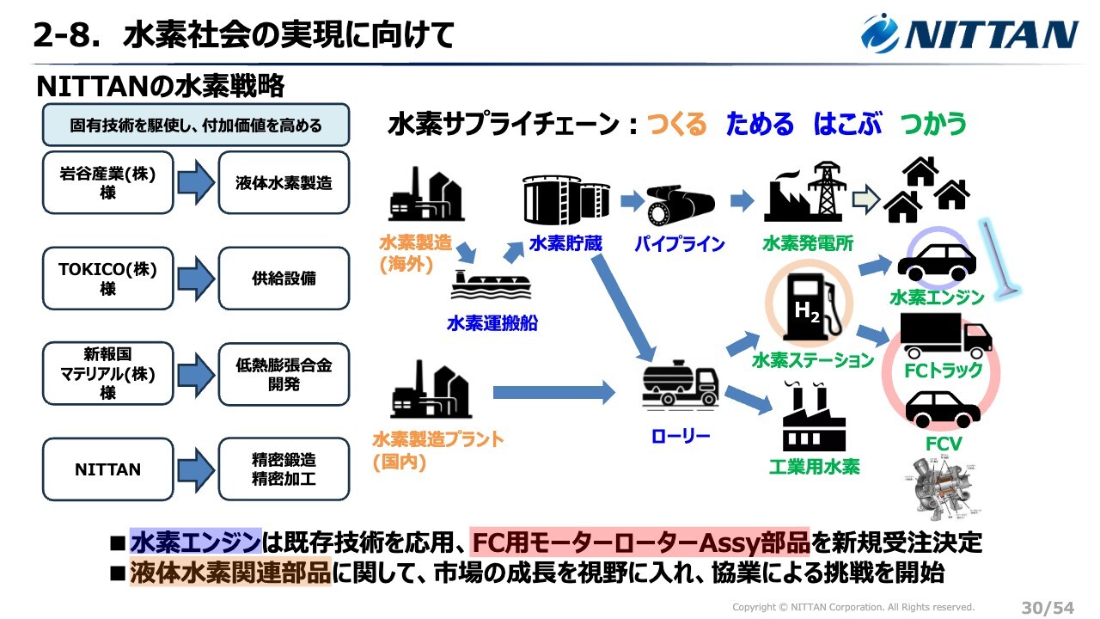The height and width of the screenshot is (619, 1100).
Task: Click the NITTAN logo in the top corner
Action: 970,34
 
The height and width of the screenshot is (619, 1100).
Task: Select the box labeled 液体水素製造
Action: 284,182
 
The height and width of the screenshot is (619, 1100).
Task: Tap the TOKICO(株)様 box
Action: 107,279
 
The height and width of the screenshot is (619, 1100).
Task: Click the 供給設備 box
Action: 284,279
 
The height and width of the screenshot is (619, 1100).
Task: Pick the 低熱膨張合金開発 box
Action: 284,374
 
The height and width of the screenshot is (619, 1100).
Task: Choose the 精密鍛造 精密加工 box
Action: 284,469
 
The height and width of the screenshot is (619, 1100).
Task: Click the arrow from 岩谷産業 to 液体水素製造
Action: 195,182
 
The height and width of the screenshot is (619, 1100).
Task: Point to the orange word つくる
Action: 676,124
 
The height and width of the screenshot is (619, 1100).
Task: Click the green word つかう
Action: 933,124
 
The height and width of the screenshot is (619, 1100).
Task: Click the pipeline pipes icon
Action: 680,203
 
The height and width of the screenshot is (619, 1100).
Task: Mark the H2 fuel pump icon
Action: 809,306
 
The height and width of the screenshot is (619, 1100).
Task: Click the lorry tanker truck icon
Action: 680,388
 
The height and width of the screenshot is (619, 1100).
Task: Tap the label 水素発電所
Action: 808,243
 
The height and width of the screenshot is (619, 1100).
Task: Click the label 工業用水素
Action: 814,467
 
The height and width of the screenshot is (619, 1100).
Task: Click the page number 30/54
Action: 1047,607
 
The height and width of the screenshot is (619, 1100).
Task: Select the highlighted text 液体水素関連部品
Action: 229,573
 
